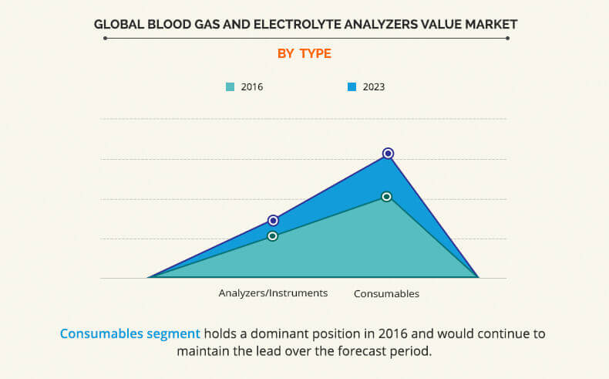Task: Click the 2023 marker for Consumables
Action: pyautogui.click(x=388, y=154)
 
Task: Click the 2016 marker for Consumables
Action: pyautogui.click(x=387, y=197)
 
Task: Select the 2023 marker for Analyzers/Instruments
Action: pyautogui.click(x=273, y=221)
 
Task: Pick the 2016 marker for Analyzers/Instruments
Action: pyautogui.click(x=272, y=236)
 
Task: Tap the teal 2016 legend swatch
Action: pyautogui.click(x=230, y=87)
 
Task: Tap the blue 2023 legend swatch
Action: pyautogui.click(x=352, y=87)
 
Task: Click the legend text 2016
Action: pyautogui.click(x=252, y=87)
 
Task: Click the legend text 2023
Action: pyautogui.click(x=374, y=87)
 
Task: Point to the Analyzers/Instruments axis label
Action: pyautogui.click(x=274, y=293)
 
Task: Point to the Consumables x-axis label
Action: pyautogui.click(x=386, y=294)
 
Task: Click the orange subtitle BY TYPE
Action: pyautogui.click(x=304, y=53)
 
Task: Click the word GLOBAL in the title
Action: pyautogui.click(x=119, y=24)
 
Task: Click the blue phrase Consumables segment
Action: pyautogui.click(x=130, y=334)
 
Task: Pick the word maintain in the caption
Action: pyautogui.click(x=201, y=350)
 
